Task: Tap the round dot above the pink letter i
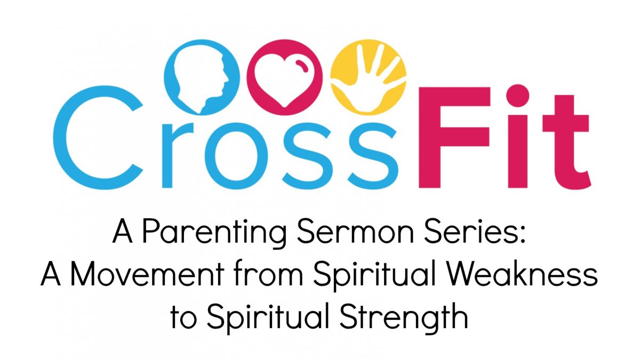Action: [x=518, y=95]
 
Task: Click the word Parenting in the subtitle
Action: [x=214, y=234]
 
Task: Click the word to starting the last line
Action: [x=183, y=318]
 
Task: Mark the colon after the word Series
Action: [x=522, y=235]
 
